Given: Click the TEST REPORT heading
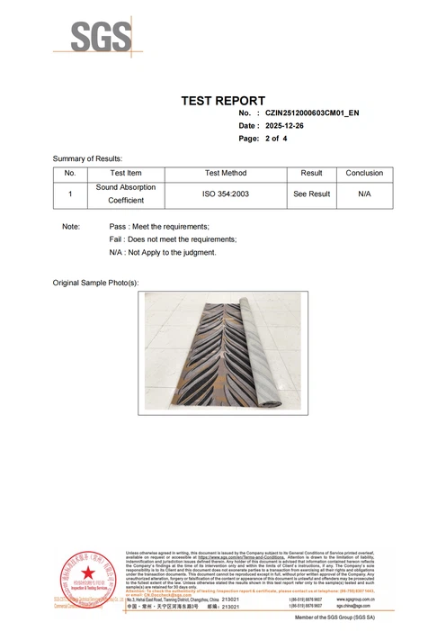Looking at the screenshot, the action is [223, 100].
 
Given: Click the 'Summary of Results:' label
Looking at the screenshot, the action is [87, 158].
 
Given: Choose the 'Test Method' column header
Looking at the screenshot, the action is [225, 173].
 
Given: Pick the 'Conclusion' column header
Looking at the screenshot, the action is [364, 173].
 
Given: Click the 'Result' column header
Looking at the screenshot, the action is [311, 173].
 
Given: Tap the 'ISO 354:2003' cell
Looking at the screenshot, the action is [225, 194].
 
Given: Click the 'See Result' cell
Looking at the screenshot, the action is [311, 194].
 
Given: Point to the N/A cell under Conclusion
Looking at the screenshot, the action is [364, 194].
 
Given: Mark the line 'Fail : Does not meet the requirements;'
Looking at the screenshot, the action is [173, 239].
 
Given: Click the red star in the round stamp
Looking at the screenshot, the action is [88, 572].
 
